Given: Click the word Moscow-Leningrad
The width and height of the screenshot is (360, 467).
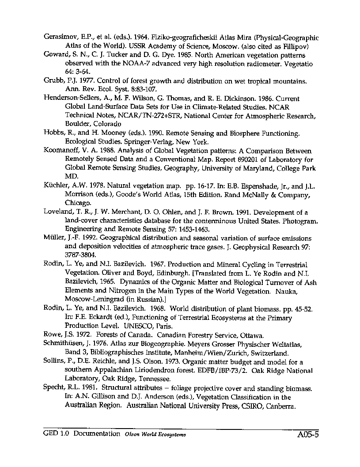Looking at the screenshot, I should [x=94, y=299].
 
